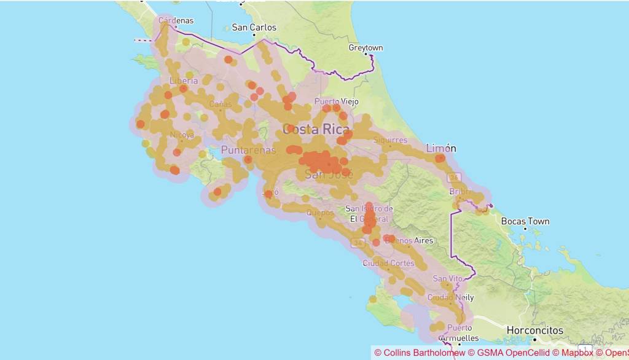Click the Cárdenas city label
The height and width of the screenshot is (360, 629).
tap(176, 21)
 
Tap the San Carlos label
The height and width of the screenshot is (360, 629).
tap(254, 28)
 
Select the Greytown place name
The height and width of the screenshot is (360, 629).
tap(365, 47)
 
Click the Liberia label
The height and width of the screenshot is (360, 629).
tap(184, 80)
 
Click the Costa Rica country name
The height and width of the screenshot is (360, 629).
tap(316, 130)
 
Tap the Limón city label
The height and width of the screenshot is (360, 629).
tap(442, 148)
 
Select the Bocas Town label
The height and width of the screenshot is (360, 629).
tap(525, 221)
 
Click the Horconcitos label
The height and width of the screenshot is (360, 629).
tap(534, 331)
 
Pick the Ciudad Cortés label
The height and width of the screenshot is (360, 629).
tap(388, 264)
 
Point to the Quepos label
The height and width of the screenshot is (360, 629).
tap(319, 213)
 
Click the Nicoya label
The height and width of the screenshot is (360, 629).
tap(182, 135)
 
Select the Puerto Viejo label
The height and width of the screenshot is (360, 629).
tap(337, 101)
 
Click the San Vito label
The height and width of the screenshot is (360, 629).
tap(448, 278)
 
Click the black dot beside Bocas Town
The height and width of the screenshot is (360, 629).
tap(525, 229)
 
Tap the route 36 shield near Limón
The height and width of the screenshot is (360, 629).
tap(454, 178)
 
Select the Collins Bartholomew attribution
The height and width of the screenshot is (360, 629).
tap(420, 353)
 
